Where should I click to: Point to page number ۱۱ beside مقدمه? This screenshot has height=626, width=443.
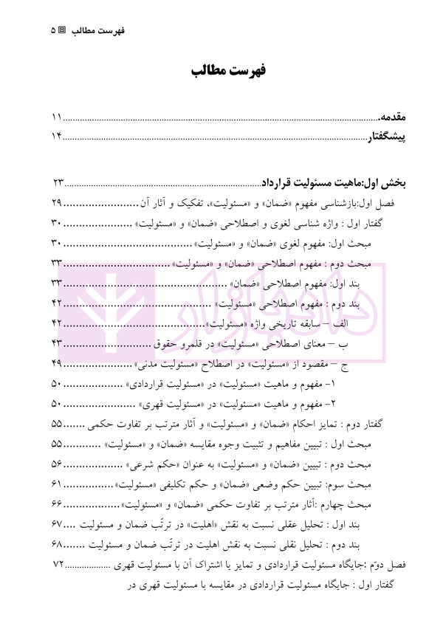[56, 117]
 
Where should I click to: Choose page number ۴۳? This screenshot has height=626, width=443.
[58, 343]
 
